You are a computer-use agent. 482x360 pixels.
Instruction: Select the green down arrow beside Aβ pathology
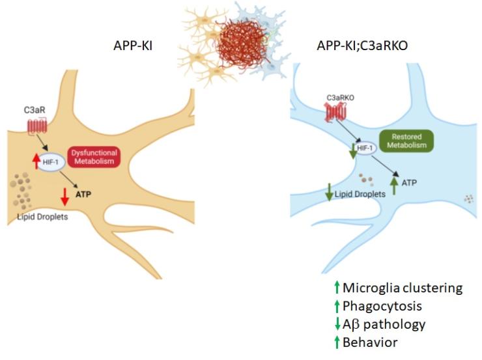click(335, 324)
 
